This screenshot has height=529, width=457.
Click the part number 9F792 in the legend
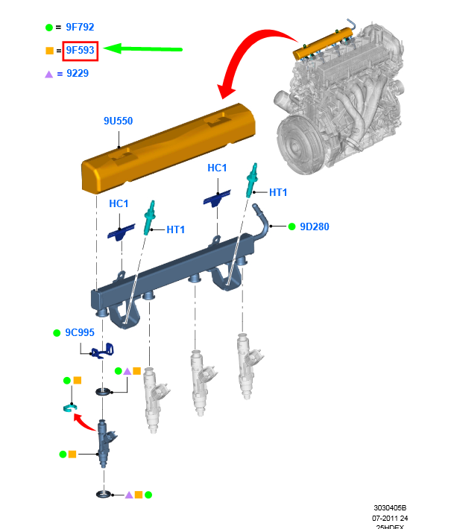pos(80,27)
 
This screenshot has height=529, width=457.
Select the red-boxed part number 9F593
pos(80,50)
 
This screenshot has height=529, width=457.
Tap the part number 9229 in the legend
pos(78,73)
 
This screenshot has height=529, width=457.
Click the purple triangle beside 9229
pos(49,75)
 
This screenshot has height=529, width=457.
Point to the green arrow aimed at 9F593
pos(142,49)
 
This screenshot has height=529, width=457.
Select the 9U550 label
pos(118,121)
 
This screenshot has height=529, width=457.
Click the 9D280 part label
pos(315,227)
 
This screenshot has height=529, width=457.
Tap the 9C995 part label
pos(80,332)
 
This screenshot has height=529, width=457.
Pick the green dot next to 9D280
pos(292,227)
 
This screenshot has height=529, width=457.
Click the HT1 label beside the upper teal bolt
pos(278,192)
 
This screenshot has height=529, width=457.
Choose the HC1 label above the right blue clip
pos(217,168)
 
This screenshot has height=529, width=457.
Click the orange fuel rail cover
pos(168,149)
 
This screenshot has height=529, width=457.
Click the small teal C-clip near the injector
pos(70,408)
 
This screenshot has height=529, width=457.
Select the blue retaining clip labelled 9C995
pos(103,351)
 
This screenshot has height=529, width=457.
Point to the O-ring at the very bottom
pos(104,495)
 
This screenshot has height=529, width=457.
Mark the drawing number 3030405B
pos(390,507)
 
